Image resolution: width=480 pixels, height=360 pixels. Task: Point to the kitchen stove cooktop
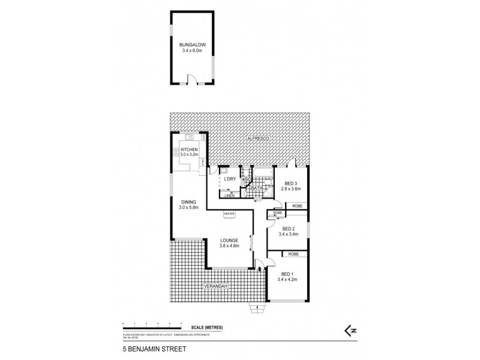pyautogui.click(x=177, y=152)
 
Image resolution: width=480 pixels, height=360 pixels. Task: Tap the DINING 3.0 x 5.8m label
pyautogui.click(x=188, y=205)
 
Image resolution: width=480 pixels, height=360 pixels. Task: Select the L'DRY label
pyautogui.click(x=229, y=179)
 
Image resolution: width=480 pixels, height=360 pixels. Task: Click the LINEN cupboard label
pyautogui.click(x=229, y=195)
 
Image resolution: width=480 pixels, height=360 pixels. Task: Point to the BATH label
pyautogui.click(x=257, y=188)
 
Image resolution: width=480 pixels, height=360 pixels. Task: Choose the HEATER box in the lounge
pyautogui.click(x=229, y=213)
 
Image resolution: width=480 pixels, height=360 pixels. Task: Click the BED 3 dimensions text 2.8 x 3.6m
pyautogui.click(x=290, y=189)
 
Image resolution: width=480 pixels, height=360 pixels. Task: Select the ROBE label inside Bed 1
pyautogui.click(x=293, y=254)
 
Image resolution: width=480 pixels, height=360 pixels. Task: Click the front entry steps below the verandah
pyautogui.click(x=258, y=310)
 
